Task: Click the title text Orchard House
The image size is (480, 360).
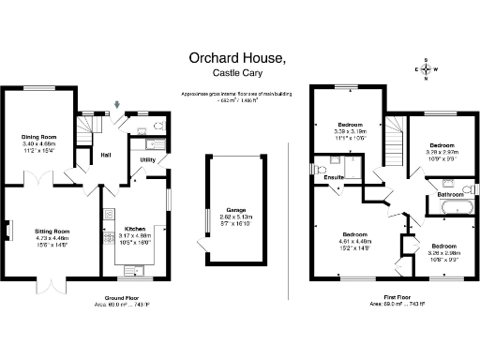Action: (x=236, y=59)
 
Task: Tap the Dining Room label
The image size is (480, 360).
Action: (x=39, y=137)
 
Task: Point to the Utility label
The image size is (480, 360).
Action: (x=147, y=160)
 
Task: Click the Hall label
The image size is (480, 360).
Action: (x=107, y=156)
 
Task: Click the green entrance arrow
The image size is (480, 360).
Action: (x=118, y=104)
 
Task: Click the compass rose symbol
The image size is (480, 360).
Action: (x=426, y=69)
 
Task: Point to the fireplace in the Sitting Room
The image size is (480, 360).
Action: (x=7, y=230)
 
